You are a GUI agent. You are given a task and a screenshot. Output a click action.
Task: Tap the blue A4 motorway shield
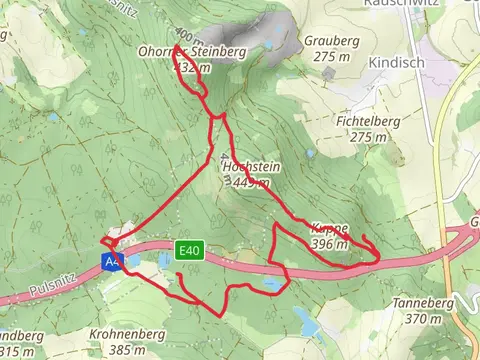click(110, 262)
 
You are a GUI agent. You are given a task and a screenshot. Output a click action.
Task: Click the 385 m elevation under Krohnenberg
click(128, 350)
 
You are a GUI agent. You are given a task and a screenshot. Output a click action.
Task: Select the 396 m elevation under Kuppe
click(329, 243)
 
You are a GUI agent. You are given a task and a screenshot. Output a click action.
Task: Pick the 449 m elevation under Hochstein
click(250, 183)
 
